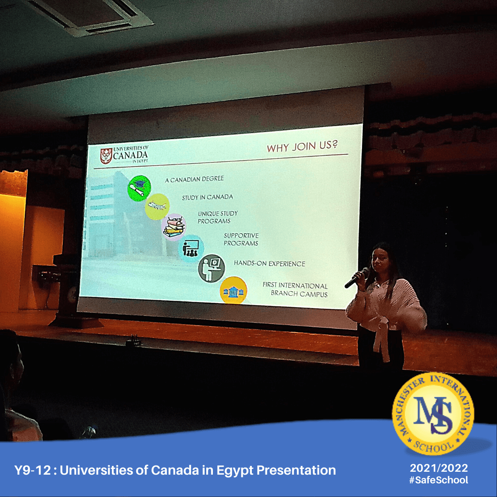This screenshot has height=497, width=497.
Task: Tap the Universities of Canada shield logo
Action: pyautogui.click(x=106, y=156)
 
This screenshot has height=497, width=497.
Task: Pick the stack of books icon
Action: pyautogui.click(x=174, y=227)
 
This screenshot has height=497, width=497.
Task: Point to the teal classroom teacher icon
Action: pyautogui.click(x=191, y=248)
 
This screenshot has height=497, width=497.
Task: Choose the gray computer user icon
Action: pyautogui.click(x=212, y=268)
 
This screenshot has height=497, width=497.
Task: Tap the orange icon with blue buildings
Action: pyautogui.click(x=233, y=290)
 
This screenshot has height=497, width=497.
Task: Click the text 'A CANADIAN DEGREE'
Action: pyautogui.click(x=194, y=179)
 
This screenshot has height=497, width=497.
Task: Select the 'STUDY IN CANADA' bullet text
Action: pyautogui.click(x=207, y=197)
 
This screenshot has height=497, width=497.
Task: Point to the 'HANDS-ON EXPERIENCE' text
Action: pyautogui.click(x=270, y=263)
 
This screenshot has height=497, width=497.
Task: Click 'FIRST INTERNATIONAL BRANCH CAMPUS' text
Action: pyautogui.click(x=295, y=290)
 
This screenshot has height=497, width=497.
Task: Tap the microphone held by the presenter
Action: pyautogui.click(x=357, y=278)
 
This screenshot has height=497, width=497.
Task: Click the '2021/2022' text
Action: pyautogui.click(x=439, y=468)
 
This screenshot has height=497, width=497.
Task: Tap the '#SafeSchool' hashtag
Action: pyautogui.click(x=439, y=480)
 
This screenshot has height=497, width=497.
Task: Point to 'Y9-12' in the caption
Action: pyautogui.click(x=32, y=470)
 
